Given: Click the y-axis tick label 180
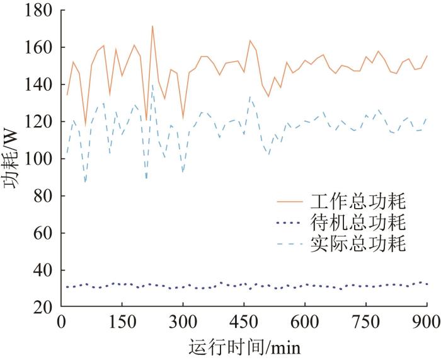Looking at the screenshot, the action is (39, 11).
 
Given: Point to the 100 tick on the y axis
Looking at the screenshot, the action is (39, 159).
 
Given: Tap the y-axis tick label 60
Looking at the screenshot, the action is (43, 233).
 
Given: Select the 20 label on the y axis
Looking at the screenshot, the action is (43, 308).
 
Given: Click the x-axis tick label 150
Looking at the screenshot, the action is (122, 322).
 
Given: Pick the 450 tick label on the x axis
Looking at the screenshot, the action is (244, 322).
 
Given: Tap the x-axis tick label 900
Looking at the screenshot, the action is (427, 322).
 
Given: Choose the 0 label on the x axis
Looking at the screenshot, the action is (61, 322).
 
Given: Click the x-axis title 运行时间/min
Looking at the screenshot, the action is (244, 347).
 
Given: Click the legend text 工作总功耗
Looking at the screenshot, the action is (358, 201).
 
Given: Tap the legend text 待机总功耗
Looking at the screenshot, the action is (358, 223).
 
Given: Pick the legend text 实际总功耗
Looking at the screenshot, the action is (358, 243).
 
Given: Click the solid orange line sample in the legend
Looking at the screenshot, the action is (290, 202).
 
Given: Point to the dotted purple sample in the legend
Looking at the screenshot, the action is (290, 223).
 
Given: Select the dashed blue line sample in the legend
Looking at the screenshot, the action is (290, 244).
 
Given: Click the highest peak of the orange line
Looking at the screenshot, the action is (152, 26).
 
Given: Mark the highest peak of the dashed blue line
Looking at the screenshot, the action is (152, 84).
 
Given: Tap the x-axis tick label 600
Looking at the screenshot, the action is (305, 322).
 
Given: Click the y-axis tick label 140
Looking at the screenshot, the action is (39, 84).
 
